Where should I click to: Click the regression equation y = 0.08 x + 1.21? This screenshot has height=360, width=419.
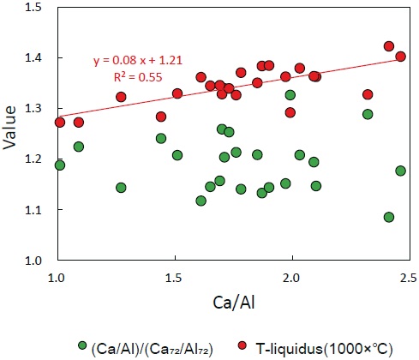(137, 62)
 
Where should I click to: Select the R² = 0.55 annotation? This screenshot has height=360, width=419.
(137, 76)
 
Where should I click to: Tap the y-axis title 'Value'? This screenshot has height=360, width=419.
(11, 133)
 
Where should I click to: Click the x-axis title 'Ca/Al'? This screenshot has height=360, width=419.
(233, 304)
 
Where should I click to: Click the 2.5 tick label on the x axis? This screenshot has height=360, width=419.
(409, 278)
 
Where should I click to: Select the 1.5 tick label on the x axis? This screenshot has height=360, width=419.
(175, 278)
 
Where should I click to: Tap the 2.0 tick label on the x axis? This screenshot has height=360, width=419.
(292, 278)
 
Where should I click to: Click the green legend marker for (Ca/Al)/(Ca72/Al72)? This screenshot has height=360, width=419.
(82, 345)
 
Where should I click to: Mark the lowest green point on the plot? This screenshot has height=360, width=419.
(389, 217)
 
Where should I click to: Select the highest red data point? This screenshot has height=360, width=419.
(389, 46)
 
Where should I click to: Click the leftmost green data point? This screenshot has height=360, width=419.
(59, 165)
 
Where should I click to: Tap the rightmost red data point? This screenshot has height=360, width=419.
(400, 56)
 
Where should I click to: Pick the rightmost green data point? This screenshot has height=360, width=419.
(400, 171)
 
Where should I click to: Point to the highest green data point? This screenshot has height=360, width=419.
(290, 95)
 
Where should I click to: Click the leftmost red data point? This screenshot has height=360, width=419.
(59, 123)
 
